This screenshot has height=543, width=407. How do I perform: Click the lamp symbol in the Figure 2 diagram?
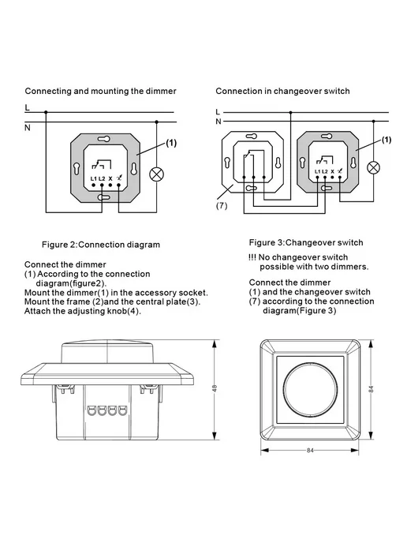click(x=156, y=174)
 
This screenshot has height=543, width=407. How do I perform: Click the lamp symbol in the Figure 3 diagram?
click(x=373, y=167)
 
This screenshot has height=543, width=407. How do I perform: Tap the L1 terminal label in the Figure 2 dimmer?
click(x=93, y=178)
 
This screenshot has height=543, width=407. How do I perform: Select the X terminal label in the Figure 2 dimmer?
click(x=110, y=178)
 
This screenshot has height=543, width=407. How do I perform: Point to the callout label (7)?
click(x=222, y=206)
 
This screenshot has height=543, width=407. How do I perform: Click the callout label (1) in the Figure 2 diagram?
click(x=171, y=143)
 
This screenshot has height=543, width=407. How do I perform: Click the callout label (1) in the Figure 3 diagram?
click(x=386, y=140)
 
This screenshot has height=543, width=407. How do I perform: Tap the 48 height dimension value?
click(x=215, y=388)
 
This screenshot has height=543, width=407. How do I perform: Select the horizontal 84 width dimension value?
click(x=310, y=450)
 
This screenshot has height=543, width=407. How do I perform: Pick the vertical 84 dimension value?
click(x=371, y=389)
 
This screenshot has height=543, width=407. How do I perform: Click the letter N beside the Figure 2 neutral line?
click(x=28, y=128)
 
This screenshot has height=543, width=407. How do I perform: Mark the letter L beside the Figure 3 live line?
click(x=218, y=112)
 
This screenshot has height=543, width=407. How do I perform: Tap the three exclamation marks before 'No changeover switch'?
click(x=252, y=257)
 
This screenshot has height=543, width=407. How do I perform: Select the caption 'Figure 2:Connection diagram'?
click(x=101, y=245)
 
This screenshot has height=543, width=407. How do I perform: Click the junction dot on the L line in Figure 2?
click(x=46, y=112)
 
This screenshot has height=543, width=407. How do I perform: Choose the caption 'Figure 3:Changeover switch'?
click(x=306, y=242)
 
